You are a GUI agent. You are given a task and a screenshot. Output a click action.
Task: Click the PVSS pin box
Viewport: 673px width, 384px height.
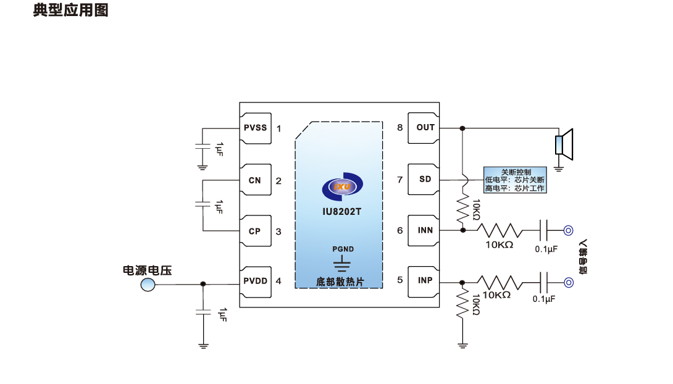256,128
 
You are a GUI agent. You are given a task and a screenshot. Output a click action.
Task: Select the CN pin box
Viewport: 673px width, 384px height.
256,180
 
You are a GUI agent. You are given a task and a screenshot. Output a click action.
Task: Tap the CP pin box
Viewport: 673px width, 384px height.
256,232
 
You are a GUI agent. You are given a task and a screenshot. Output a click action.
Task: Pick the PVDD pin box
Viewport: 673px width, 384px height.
256,281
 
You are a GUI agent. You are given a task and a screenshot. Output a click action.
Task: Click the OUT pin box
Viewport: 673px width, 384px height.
425,128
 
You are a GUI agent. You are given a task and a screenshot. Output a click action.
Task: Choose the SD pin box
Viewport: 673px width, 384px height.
425,179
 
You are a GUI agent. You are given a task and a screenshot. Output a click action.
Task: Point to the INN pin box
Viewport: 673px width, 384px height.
425,230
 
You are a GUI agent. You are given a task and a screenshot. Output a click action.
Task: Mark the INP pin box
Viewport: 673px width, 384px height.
425,280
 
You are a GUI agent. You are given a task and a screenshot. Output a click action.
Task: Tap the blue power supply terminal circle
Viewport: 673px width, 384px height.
148,284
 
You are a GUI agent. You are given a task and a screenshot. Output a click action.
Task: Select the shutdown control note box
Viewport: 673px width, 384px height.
515,180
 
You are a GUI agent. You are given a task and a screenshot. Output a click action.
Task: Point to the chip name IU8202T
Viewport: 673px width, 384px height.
341,211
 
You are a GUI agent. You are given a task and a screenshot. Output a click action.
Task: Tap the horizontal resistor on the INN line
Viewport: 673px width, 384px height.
500,230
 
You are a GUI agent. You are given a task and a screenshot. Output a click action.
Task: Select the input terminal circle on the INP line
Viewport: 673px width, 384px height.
569,282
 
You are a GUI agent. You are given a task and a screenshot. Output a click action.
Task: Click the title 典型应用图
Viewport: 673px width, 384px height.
70,11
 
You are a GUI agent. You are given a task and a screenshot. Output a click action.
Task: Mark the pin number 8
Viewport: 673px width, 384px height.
400,128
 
